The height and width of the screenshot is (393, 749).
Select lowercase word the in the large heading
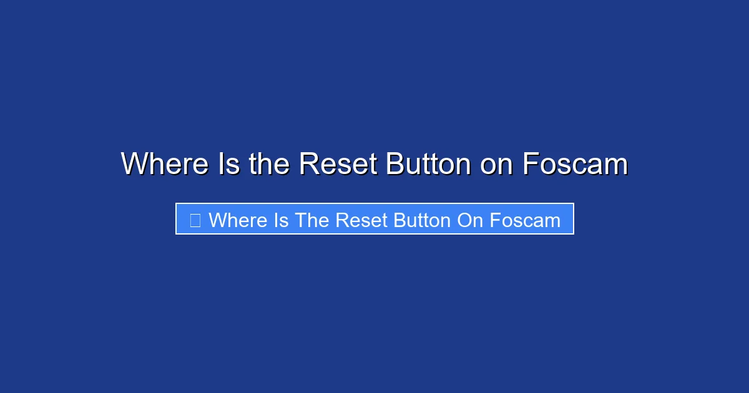[x=269, y=164]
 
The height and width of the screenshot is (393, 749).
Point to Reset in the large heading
[x=338, y=164]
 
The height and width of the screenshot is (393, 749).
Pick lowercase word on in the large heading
[x=497, y=164]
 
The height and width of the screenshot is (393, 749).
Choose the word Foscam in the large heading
[x=575, y=164]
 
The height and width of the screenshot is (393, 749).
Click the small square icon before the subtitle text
[x=195, y=220]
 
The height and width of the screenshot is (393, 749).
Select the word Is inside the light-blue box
[x=280, y=220]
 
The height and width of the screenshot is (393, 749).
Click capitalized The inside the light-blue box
[x=312, y=220]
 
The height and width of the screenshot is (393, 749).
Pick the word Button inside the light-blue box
[x=421, y=220]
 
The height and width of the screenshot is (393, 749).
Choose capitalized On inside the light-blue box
[x=470, y=220]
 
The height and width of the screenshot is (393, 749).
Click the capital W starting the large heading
[x=134, y=164]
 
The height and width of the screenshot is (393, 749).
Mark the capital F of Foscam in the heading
[x=529, y=164]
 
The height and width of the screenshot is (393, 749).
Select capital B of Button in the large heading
[x=394, y=164]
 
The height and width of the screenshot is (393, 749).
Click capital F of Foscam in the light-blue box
[x=494, y=220]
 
